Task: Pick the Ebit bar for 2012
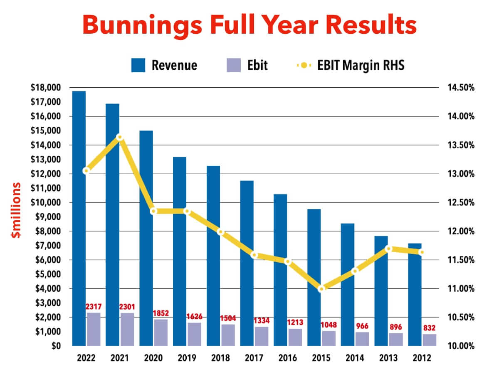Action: tap(430, 340)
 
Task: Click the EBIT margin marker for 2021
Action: tap(120, 137)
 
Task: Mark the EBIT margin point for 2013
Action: tap(388, 249)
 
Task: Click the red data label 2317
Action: tap(93, 307)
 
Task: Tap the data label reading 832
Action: tap(430, 329)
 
